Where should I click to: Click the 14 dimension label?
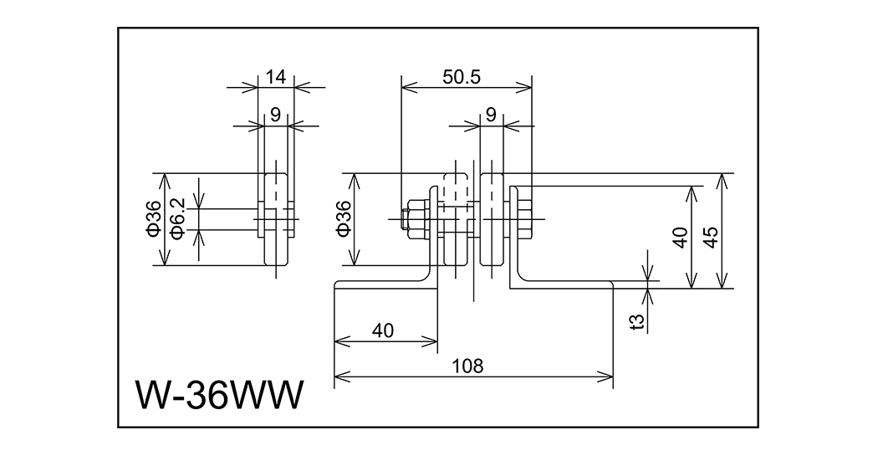click(x=275, y=77)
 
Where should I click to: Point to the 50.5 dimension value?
click(x=461, y=77)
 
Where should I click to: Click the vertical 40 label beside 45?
click(x=679, y=238)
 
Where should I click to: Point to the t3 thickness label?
click(x=638, y=320)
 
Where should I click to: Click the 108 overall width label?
click(x=473, y=366)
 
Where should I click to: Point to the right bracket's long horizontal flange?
click(x=569, y=284)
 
